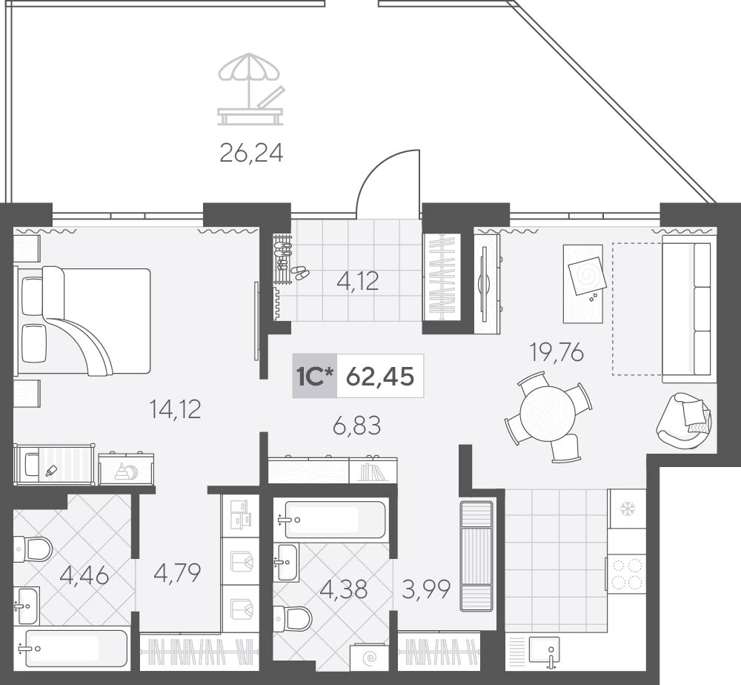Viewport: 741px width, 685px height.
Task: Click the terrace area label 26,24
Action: coord(251,153)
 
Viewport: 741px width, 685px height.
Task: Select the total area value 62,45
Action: coord(380,377)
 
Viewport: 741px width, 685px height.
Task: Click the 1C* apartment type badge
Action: coord(314,377)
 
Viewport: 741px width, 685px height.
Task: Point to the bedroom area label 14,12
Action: coord(175,409)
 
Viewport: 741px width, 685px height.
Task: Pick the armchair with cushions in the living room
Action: coord(684,419)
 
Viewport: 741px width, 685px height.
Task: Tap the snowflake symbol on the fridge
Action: coord(627,509)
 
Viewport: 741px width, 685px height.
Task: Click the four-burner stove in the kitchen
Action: coord(627,575)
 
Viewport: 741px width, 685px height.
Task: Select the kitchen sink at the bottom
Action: coord(545,650)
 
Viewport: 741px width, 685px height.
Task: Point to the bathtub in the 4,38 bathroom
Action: coord(335,520)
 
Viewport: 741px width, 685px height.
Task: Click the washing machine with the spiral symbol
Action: coord(369,657)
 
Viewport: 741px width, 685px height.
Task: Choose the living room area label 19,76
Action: coord(556,352)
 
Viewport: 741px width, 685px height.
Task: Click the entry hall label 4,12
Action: coord(358,282)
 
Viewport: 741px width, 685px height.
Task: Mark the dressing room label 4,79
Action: coord(178,572)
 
